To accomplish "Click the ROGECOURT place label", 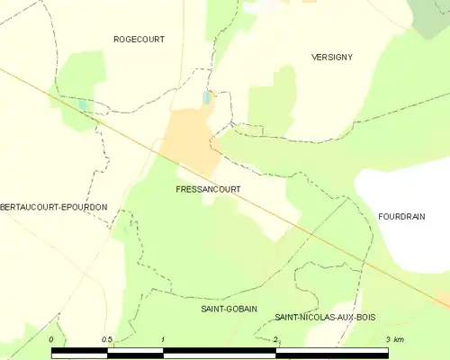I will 139,39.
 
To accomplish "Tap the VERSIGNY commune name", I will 331,57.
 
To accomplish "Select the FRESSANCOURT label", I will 201,191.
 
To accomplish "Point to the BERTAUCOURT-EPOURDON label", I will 54,207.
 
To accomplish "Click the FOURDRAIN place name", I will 401,216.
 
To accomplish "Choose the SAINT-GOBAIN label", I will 228,309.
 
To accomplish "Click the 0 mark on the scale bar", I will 52,339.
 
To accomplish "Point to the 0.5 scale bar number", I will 108,339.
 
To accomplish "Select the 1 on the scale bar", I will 164,339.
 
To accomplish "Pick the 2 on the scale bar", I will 276,339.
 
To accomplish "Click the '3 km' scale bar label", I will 394,339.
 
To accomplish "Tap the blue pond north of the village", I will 207,96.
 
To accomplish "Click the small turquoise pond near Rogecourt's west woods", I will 84,104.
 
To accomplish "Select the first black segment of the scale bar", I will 80,353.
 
